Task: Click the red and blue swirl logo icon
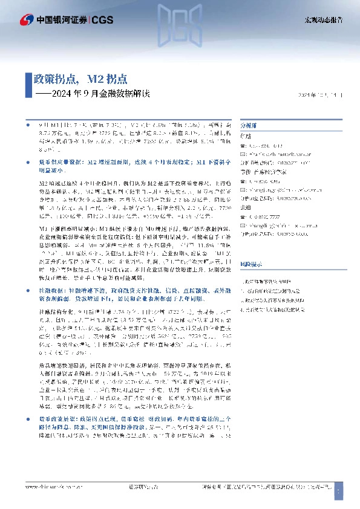pos(27,20)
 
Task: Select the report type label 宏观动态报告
pos(324,20)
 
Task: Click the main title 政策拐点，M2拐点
pos(80,79)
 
